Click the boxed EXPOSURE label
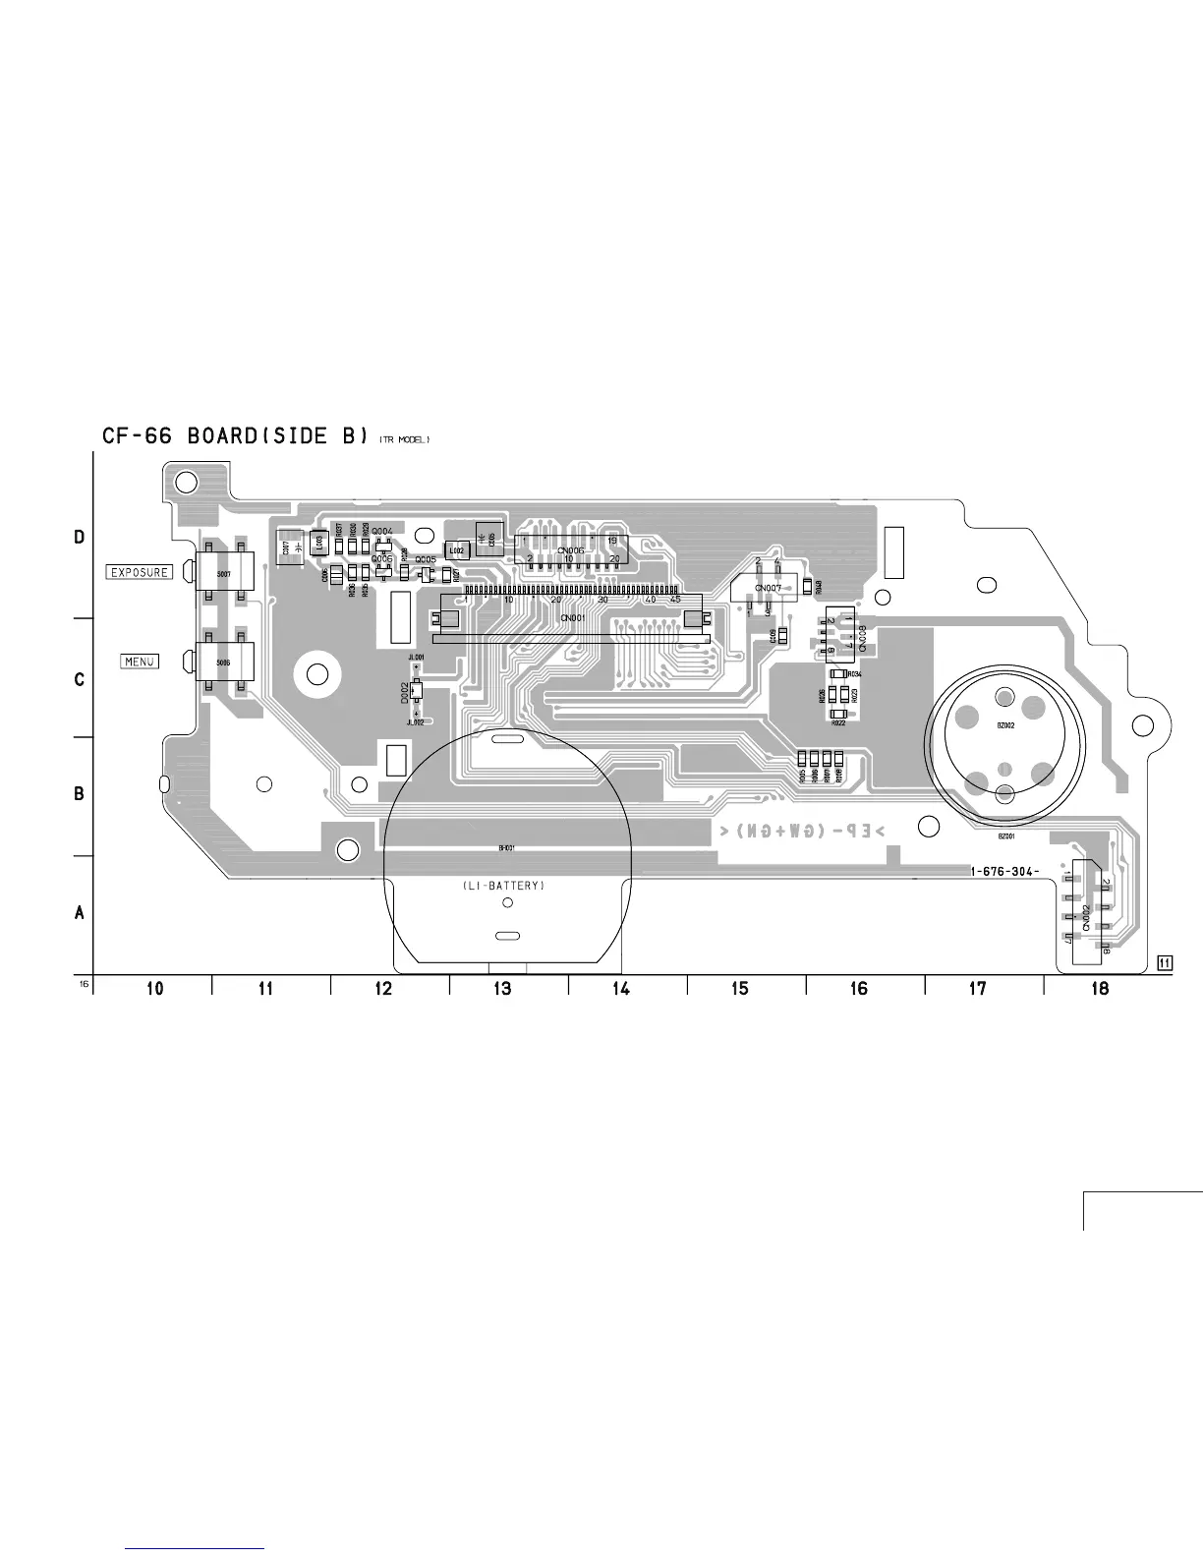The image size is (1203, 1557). [140, 572]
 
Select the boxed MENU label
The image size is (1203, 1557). [140, 662]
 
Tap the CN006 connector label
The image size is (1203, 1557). [570, 550]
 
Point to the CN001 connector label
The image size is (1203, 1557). [572, 618]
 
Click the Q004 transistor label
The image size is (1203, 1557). [382, 532]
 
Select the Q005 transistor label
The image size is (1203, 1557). [426, 559]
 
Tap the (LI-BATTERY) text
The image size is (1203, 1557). [502, 886]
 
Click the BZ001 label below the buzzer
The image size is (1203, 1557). [1005, 836]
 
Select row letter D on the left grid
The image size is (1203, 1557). [80, 538]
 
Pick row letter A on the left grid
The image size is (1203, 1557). [80, 913]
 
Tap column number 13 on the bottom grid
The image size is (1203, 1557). [502, 989]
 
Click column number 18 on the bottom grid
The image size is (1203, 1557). [1100, 989]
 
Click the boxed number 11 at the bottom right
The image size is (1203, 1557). [1165, 963]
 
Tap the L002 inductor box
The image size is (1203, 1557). [457, 551]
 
